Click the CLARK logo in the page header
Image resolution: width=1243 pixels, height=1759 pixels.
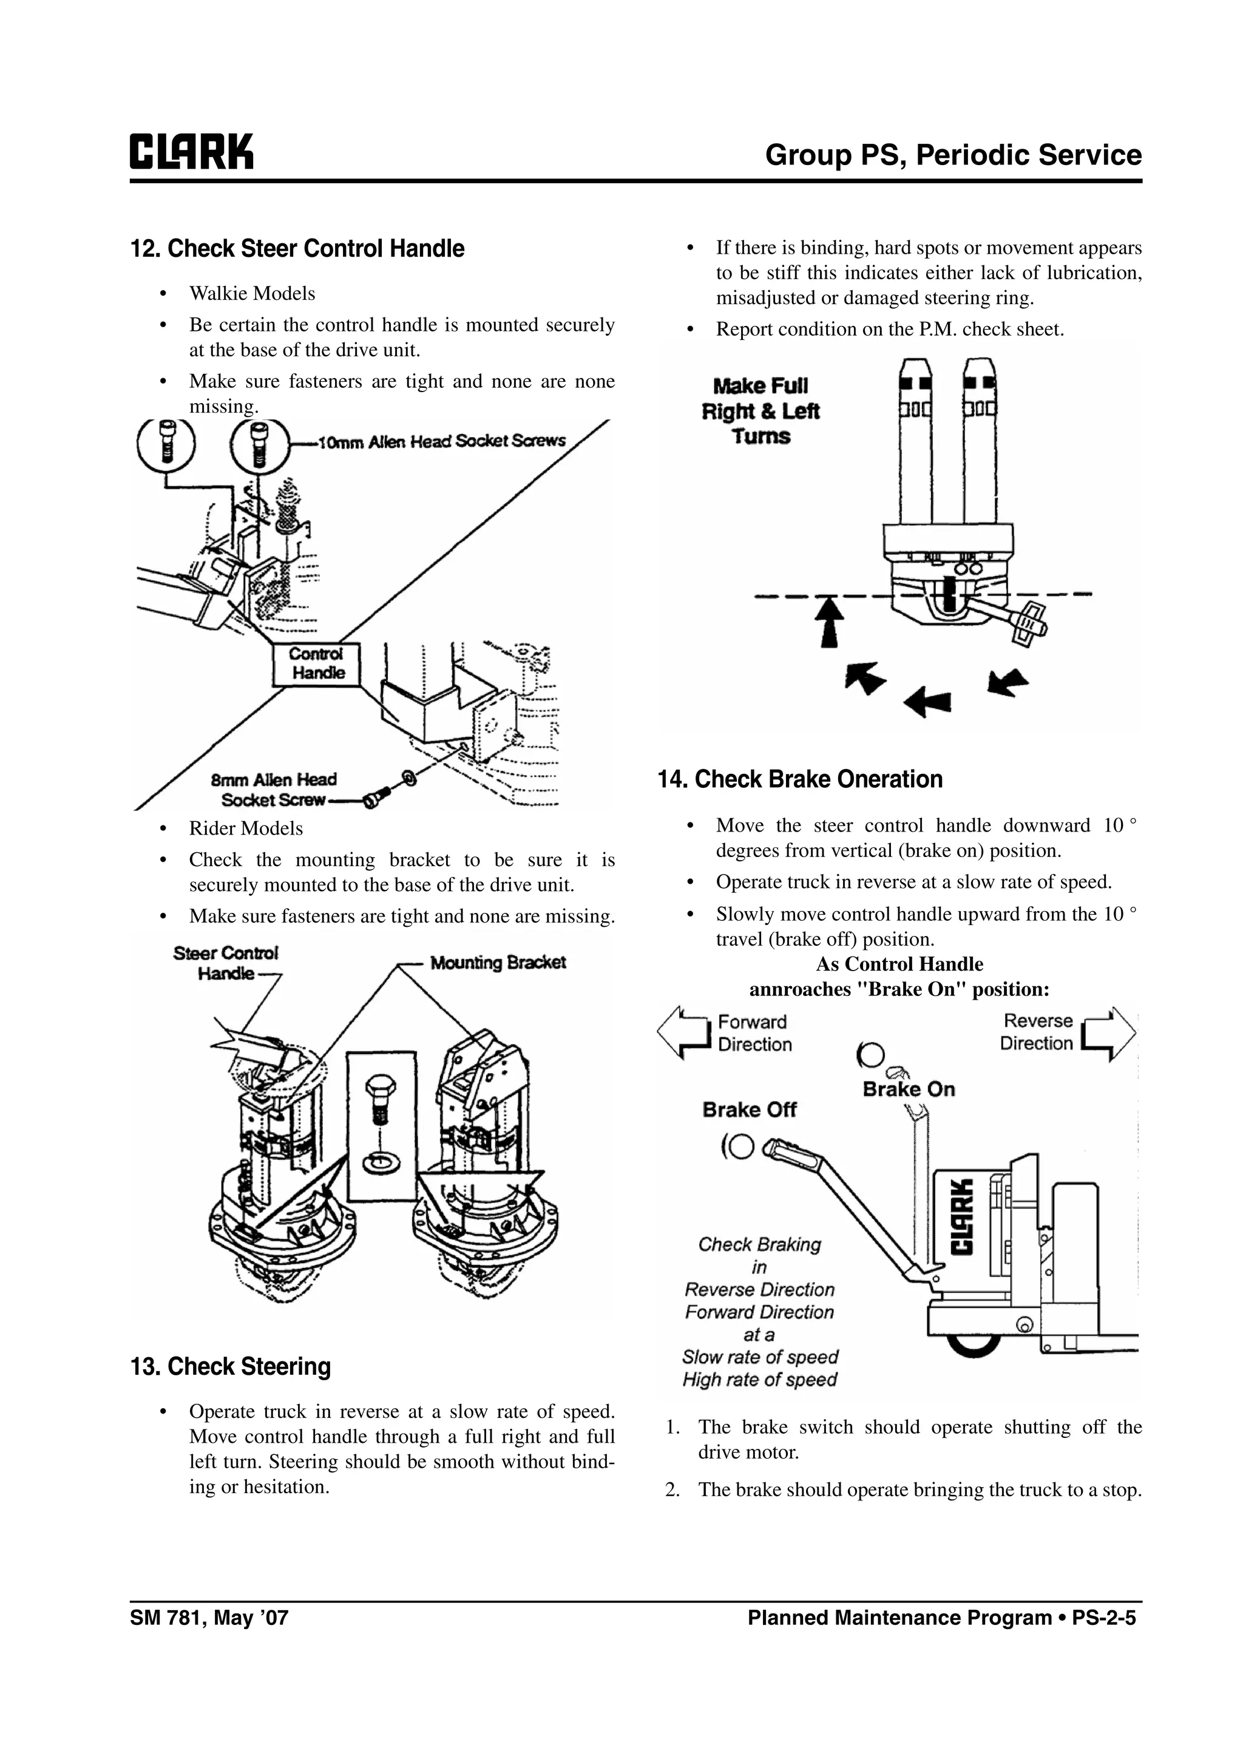(x=191, y=152)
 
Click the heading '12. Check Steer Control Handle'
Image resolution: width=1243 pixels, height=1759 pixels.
(x=297, y=249)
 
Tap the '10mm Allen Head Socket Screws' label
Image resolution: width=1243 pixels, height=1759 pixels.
(x=442, y=442)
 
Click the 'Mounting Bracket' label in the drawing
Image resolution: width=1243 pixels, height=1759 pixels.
(x=498, y=963)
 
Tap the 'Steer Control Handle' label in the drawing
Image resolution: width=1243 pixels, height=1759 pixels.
(x=225, y=963)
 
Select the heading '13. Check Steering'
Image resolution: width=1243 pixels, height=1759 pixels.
(x=231, y=1367)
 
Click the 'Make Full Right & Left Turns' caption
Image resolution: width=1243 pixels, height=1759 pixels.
(x=760, y=412)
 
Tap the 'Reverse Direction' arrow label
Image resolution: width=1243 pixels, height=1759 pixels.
(x=1037, y=1032)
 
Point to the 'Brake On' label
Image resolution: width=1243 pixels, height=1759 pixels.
(x=909, y=1090)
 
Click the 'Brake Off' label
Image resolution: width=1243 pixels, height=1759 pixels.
(x=749, y=1110)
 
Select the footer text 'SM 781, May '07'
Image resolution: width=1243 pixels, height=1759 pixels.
(x=209, y=1618)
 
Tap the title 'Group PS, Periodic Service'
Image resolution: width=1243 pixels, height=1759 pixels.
(x=953, y=155)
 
